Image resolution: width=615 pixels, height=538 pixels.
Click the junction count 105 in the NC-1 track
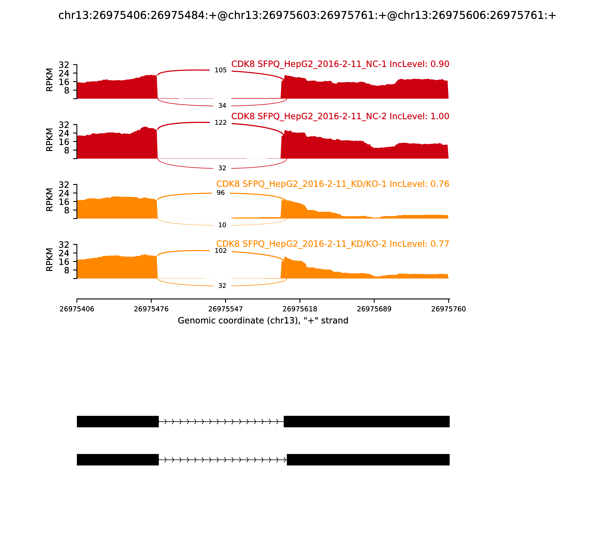point(220,70)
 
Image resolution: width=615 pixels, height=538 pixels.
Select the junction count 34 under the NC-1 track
point(222,106)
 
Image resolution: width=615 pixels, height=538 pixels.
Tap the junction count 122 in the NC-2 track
point(220,123)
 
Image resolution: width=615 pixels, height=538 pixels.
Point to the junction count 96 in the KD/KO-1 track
point(220,193)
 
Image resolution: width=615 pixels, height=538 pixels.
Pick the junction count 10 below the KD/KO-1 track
point(222,225)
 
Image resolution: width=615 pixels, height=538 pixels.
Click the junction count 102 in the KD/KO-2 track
point(220,251)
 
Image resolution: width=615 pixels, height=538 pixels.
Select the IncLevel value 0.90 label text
point(440,64)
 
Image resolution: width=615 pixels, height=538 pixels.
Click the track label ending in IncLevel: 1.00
point(340,116)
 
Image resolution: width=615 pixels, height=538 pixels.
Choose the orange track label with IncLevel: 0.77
point(332,244)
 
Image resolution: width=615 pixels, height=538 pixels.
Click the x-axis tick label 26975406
point(77,309)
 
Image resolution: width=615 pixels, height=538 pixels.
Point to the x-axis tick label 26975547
point(225,309)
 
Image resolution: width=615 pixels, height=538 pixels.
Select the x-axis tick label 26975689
point(374,309)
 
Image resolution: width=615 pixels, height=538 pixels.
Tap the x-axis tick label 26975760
point(448,309)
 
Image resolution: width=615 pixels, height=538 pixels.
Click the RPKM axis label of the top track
point(50,80)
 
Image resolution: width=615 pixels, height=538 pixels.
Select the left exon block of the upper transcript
point(118,422)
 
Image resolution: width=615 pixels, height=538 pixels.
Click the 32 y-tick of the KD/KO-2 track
point(64,244)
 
